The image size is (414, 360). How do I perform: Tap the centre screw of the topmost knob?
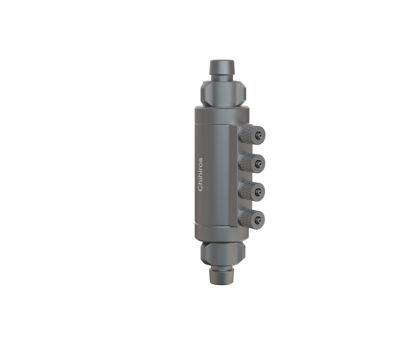258,137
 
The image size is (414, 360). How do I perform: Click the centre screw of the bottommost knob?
258,220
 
